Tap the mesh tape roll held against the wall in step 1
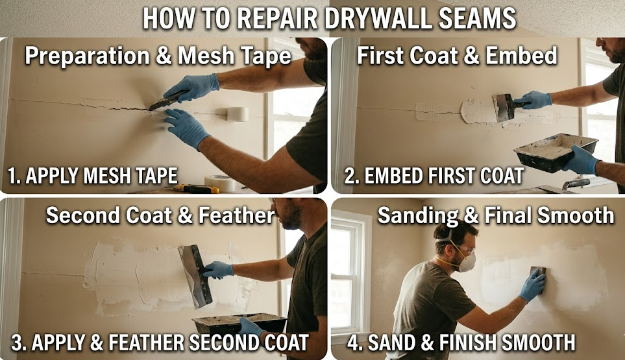pyautogui.click(x=237, y=114)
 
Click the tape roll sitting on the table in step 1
pyautogui.click(x=220, y=183)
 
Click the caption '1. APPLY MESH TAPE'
pyautogui.click(x=93, y=175)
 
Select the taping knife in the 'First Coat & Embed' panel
pyautogui.click(x=504, y=106)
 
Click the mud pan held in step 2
pyautogui.click(x=555, y=152)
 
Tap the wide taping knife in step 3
pyautogui.click(x=195, y=275)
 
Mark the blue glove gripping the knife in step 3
pyautogui.click(x=217, y=269)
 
